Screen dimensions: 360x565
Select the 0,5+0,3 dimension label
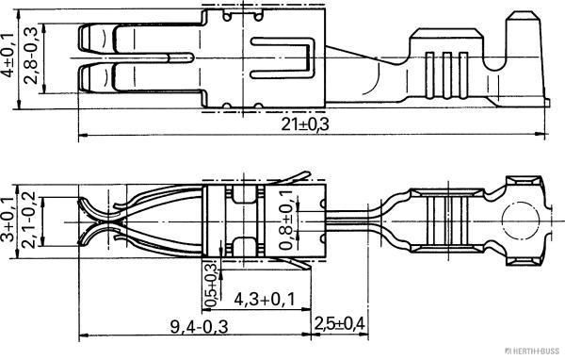[211, 282]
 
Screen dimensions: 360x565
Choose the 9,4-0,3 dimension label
[199, 326]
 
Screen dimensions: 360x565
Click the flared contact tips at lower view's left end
[89, 221]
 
